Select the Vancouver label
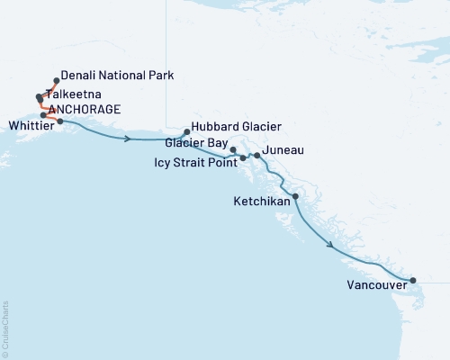375,288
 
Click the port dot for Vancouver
413,281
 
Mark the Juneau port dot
257,156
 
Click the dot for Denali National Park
57,80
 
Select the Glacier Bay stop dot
233,149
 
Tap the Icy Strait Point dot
243,158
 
